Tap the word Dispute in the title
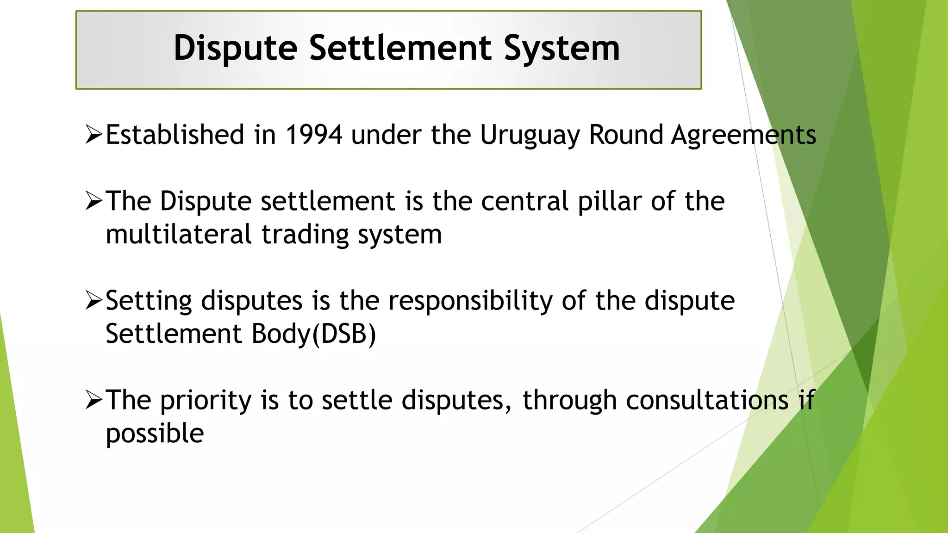(235, 48)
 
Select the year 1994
(314, 135)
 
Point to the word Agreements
(743, 135)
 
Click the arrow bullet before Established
(94, 135)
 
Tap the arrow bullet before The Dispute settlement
(94, 202)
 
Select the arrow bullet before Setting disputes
(94, 301)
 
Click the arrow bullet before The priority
(94, 401)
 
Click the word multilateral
(179, 235)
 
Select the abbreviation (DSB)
(344, 334)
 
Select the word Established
(175, 135)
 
